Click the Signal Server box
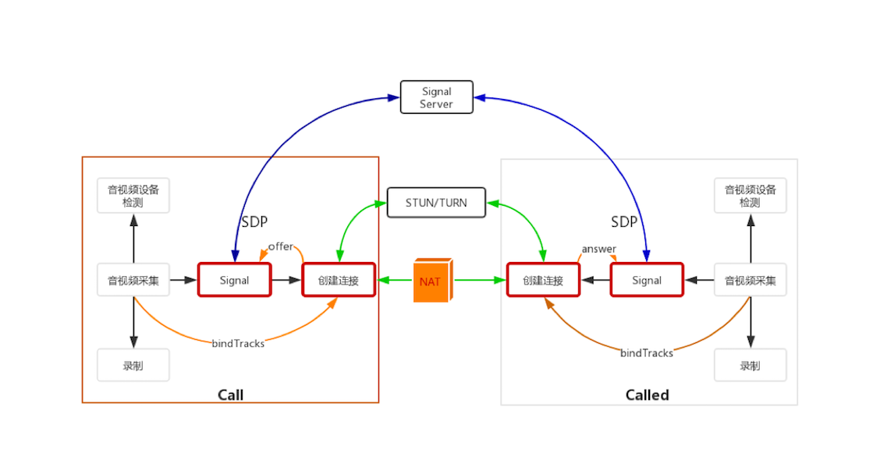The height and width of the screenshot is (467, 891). (x=436, y=97)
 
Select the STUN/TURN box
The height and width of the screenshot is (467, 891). (x=436, y=203)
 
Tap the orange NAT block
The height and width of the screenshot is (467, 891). (x=431, y=281)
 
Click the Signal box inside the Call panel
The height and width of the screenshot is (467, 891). (x=234, y=280)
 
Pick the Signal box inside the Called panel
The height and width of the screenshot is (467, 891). (x=646, y=280)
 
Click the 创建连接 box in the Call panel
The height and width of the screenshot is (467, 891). (x=339, y=280)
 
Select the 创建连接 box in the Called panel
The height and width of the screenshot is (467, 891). (x=543, y=280)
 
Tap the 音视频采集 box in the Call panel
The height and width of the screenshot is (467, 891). (x=133, y=280)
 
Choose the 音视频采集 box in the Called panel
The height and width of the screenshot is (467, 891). (x=750, y=280)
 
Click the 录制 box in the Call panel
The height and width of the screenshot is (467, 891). (x=133, y=365)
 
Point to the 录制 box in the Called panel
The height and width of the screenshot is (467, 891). (x=750, y=365)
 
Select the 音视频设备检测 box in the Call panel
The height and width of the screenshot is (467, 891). (x=133, y=196)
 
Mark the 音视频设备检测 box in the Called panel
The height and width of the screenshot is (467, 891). (x=750, y=196)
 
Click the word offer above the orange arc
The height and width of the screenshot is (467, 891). (x=280, y=246)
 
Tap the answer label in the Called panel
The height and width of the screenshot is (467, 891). (x=598, y=249)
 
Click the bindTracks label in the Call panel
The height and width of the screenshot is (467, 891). (x=238, y=343)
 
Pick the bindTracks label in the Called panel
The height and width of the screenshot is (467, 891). (x=646, y=353)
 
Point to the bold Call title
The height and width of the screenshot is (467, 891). (x=230, y=394)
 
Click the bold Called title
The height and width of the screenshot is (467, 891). (x=647, y=394)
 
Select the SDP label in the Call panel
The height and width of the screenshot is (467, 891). (x=254, y=221)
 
